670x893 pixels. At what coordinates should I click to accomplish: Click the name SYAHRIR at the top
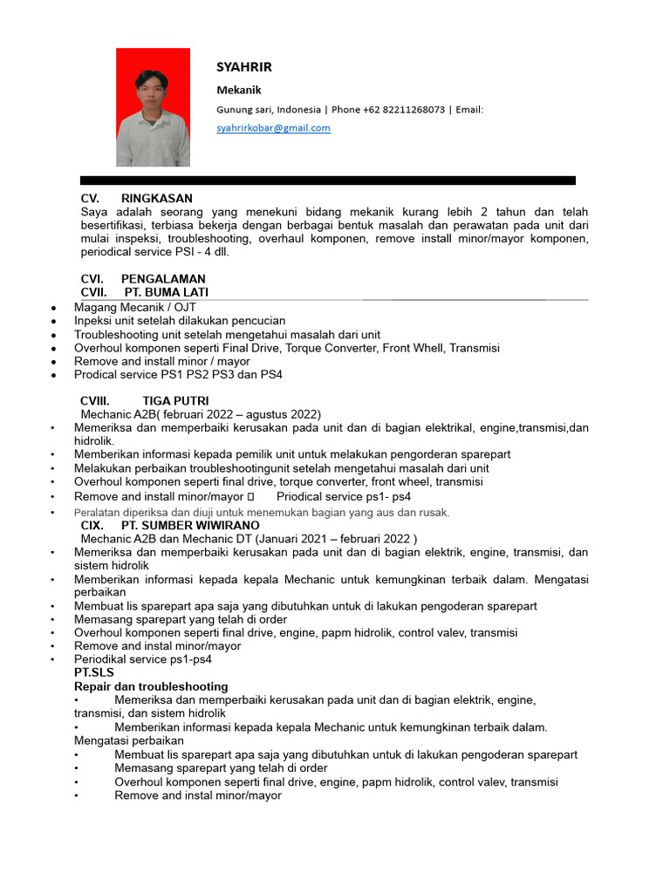click(244, 67)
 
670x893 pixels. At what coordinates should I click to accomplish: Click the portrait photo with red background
click(153, 107)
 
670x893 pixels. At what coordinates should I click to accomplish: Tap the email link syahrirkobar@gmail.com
click(273, 128)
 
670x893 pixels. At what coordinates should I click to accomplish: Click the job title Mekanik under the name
click(238, 90)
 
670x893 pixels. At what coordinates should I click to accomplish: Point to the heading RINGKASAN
click(156, 199)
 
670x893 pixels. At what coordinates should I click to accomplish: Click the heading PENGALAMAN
click(163, 279)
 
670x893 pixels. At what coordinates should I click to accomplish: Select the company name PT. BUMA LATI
click(166, 292)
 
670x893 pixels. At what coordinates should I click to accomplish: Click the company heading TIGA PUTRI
click(175, 401)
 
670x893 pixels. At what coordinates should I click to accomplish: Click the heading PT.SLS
click(94, 673)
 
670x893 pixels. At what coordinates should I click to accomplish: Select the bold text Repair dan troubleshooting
click(151, 686)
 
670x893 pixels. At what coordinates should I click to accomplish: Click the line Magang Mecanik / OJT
click(135, 308)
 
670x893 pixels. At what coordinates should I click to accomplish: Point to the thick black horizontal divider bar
click(327, 181)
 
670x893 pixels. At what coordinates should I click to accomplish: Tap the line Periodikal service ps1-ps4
click(142, 659)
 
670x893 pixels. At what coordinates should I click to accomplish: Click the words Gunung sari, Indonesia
click(269, 110)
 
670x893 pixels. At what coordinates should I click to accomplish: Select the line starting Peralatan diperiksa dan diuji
click(262, 513)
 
